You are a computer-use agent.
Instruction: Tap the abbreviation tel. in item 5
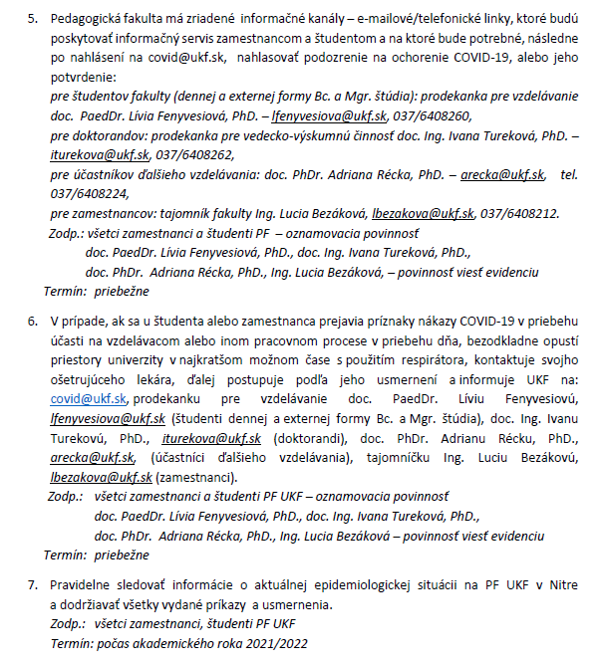(569, 174)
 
